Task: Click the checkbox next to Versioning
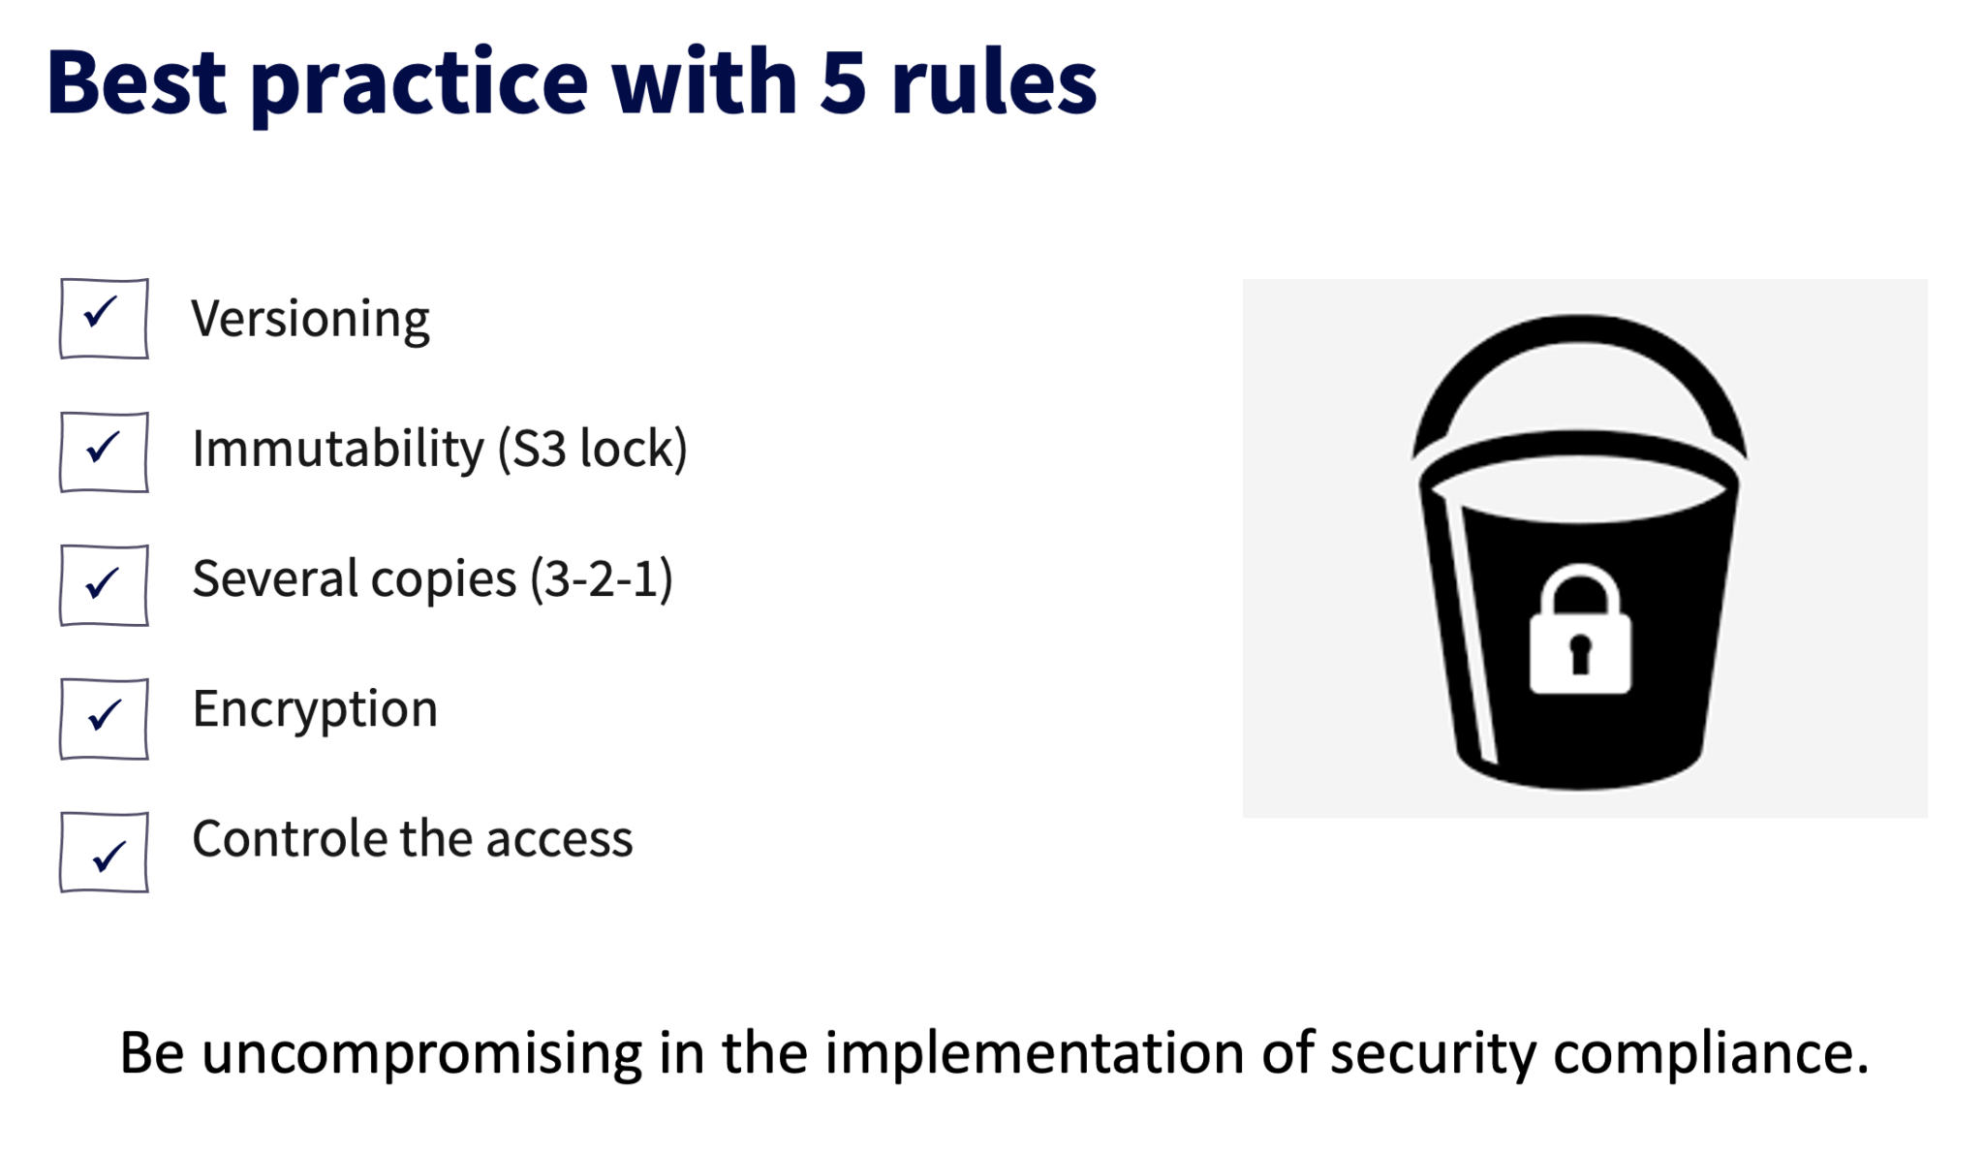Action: point(104,319)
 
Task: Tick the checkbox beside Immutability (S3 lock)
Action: point(104,452)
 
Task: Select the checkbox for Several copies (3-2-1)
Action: point(104,585)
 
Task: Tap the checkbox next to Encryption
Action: point(104,719)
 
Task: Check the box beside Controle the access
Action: point(104,853)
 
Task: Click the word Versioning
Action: point(310,319)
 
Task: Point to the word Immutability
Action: point(337,450)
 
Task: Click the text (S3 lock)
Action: point(592,450)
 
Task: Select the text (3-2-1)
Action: point(601,579)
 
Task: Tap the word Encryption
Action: point(315,709)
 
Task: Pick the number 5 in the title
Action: point(842,83)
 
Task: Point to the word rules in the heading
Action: point(994,83)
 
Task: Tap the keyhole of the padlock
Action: point(1580,652)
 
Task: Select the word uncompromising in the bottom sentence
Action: point(421,1053)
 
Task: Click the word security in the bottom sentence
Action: point(1432,1053)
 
